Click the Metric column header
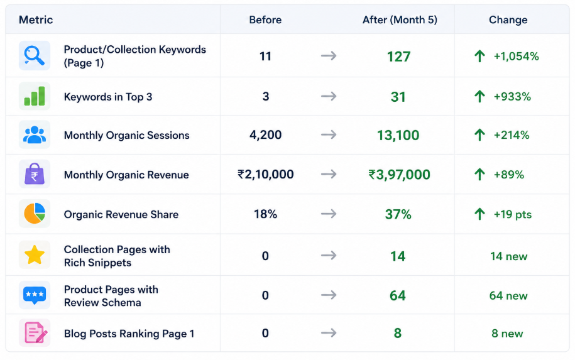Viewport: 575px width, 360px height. [36, 20]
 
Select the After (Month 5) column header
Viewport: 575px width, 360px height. [400, 20]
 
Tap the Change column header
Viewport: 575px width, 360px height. [508, 20]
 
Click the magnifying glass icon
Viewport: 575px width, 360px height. [35, 56]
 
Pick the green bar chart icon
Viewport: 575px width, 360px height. [35, 96]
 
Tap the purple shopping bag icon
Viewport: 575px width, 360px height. [35, 174]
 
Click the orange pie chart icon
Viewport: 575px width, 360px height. [35, 214]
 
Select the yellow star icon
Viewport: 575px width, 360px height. [35, 255]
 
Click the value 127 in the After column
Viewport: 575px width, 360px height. [398, 57]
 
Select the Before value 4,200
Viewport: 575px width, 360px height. [265, 135]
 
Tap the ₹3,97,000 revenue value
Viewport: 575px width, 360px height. [399, 175]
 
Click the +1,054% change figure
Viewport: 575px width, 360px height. [516, 57]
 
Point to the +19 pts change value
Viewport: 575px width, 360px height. [512, 214]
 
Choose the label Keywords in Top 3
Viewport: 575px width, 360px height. [108, 97]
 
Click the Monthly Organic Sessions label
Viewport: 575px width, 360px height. [126, 135]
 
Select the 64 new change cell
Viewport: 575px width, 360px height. [508, 295]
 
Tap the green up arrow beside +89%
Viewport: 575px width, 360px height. [479, 175]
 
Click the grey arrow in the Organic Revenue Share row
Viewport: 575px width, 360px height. [329, 214]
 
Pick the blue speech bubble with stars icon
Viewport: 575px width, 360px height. [35, 295]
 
